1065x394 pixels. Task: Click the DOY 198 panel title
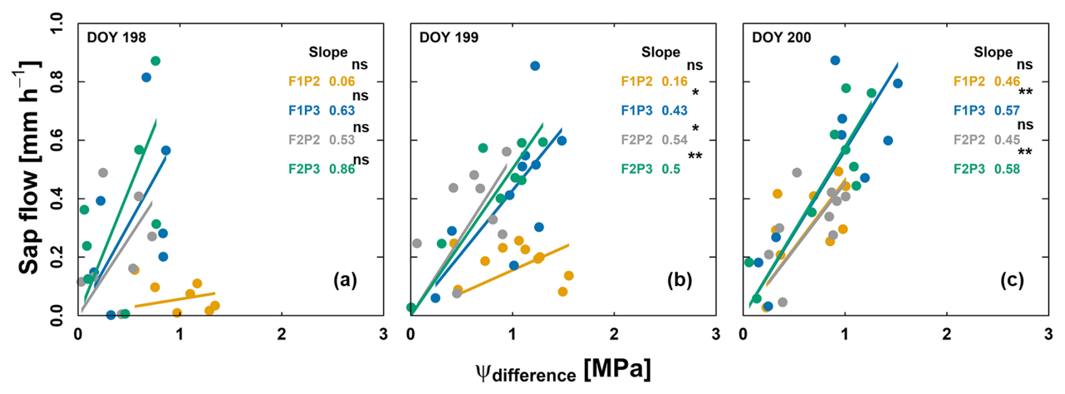point(116,38)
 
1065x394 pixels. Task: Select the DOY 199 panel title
point(449,38)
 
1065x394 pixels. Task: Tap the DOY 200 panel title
point(781,38)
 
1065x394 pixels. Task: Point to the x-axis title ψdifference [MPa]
point(563,371)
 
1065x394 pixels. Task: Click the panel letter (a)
point(345,280)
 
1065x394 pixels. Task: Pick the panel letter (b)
point(679,280)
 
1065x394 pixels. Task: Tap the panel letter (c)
point(1012,280)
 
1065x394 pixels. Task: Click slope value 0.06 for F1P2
point(342,82)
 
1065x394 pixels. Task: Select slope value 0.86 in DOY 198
point(342,169)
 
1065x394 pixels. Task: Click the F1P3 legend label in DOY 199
point(637,110)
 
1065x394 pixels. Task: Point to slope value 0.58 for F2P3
point(1007,169)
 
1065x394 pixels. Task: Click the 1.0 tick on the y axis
point(57,24)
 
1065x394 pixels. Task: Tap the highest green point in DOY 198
point(155,61)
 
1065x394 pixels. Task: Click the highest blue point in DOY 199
point(535,66)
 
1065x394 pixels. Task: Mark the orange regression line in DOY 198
point(174,300)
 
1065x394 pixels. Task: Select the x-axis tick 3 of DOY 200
point(1048,334)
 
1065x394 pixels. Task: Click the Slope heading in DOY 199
point(660,52)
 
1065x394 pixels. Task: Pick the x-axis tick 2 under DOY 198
point(281,334)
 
